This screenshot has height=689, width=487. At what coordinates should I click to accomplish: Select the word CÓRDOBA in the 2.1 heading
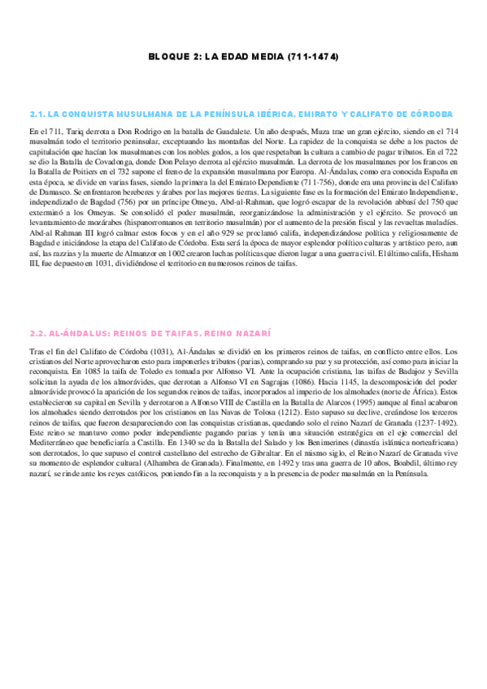coord(430,114)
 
